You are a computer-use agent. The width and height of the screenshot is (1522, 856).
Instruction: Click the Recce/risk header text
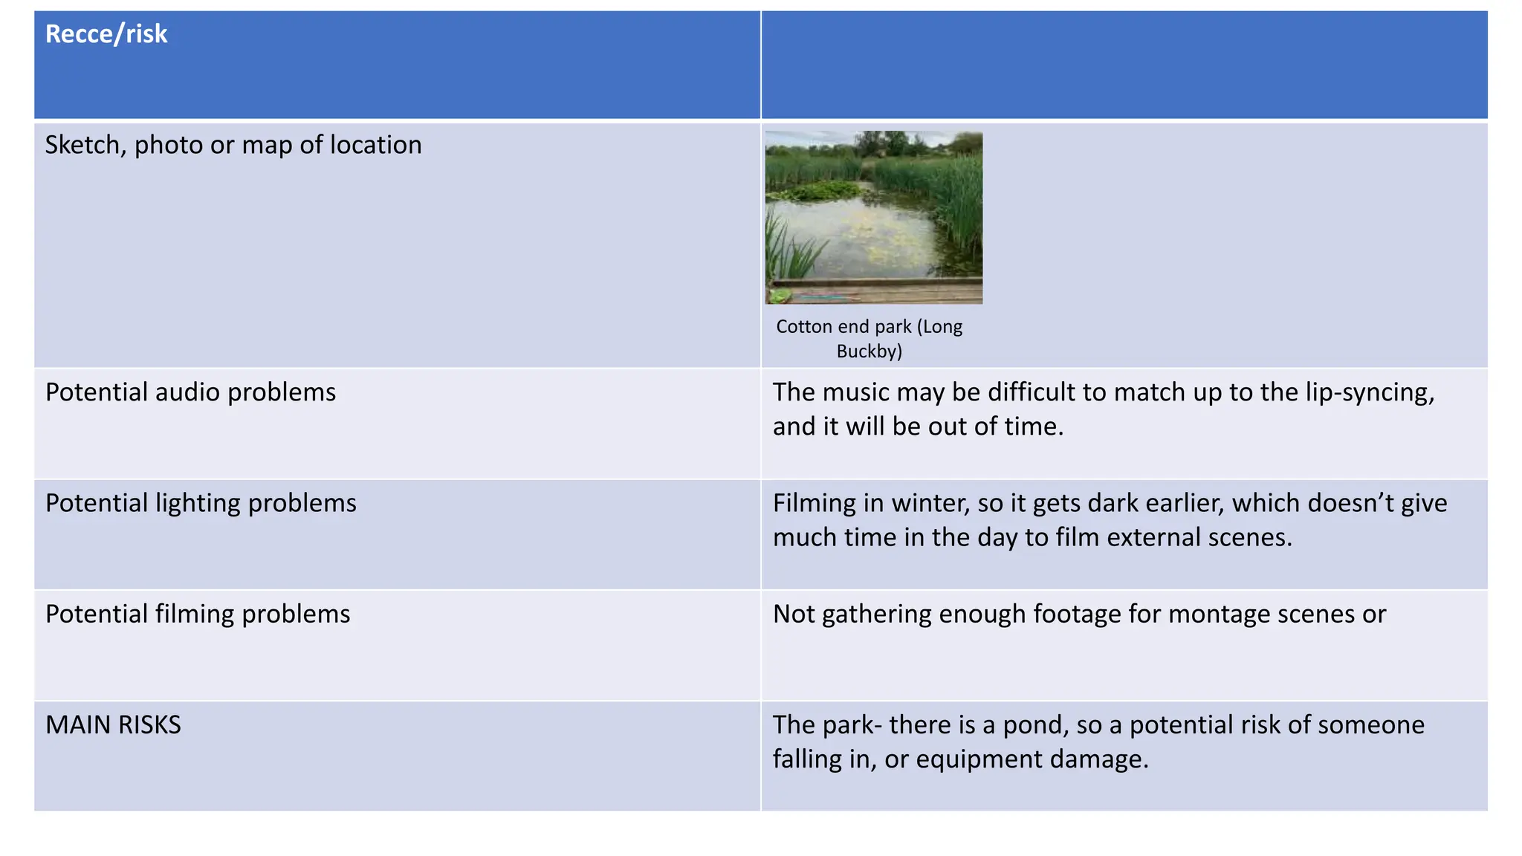106,34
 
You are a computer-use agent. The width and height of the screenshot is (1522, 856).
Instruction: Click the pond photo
874,217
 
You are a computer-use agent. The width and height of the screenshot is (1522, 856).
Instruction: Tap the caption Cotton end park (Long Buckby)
869,338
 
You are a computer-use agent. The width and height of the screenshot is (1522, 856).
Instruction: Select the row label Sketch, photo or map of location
233,145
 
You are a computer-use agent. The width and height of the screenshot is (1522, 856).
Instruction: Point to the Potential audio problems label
190,392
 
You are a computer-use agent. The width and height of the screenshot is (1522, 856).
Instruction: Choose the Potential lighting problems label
201,503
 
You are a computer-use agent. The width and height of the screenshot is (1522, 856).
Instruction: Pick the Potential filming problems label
198,614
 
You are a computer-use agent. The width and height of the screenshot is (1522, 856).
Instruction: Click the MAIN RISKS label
113,724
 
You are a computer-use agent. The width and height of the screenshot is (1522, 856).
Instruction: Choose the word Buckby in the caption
869,351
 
